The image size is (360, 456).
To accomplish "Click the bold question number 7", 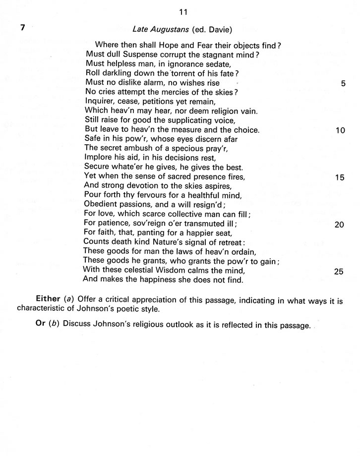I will pyautogui.click(x=22, y=28).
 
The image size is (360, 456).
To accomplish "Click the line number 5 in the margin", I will pyautogui.click(x=343, y=84).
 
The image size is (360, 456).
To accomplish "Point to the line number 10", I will pyautogui.click(x=340, y=131).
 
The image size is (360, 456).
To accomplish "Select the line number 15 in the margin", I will pyautogui.click(x=340, y=177).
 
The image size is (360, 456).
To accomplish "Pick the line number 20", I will pyautogui.click(x=340, y=225).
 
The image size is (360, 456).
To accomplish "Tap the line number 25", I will pyautogui.click(x=340, y=272).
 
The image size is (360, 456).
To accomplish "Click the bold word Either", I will pyautogui.click(x=47, y=300).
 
